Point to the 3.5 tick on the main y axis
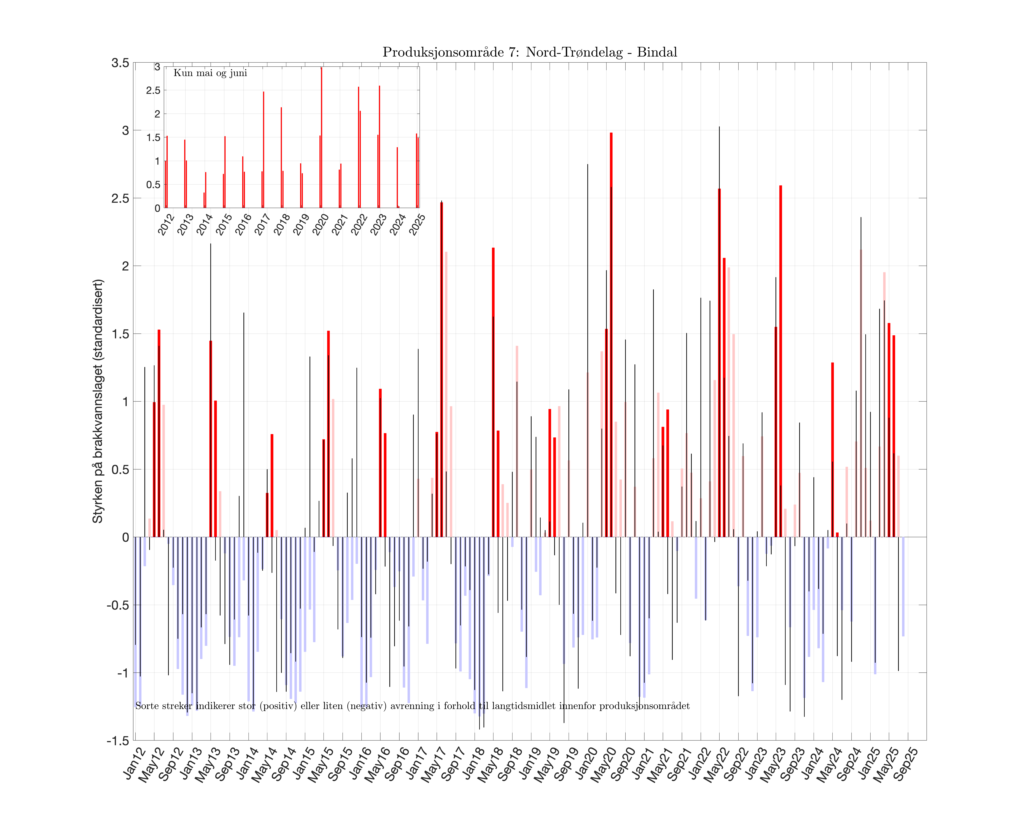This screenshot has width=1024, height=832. (120, 63)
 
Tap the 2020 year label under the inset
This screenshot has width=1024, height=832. (321, 224)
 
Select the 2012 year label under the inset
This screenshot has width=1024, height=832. (166, 224)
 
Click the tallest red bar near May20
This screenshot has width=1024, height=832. (611, 335)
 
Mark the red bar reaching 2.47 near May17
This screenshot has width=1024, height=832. (441, 369)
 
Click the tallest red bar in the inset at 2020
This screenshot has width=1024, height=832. (321, 139)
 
